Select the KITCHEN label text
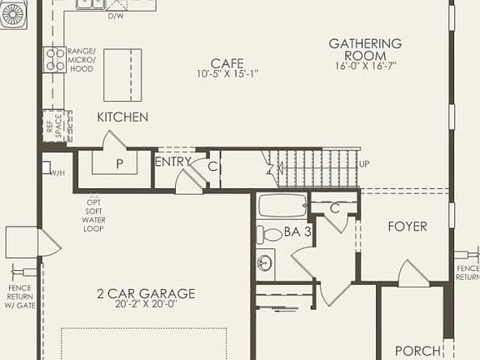coord(122,117)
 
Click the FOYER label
coord(407,227)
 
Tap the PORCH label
coord(417,351)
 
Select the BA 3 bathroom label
coord(297,232)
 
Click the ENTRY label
coord(173,162)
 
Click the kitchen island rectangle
coord(122,74)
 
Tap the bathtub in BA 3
coord(282,205)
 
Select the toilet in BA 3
coord(271,234)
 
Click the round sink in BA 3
coord(266,263)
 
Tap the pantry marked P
coord(119,163)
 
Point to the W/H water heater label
coord(57,172)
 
